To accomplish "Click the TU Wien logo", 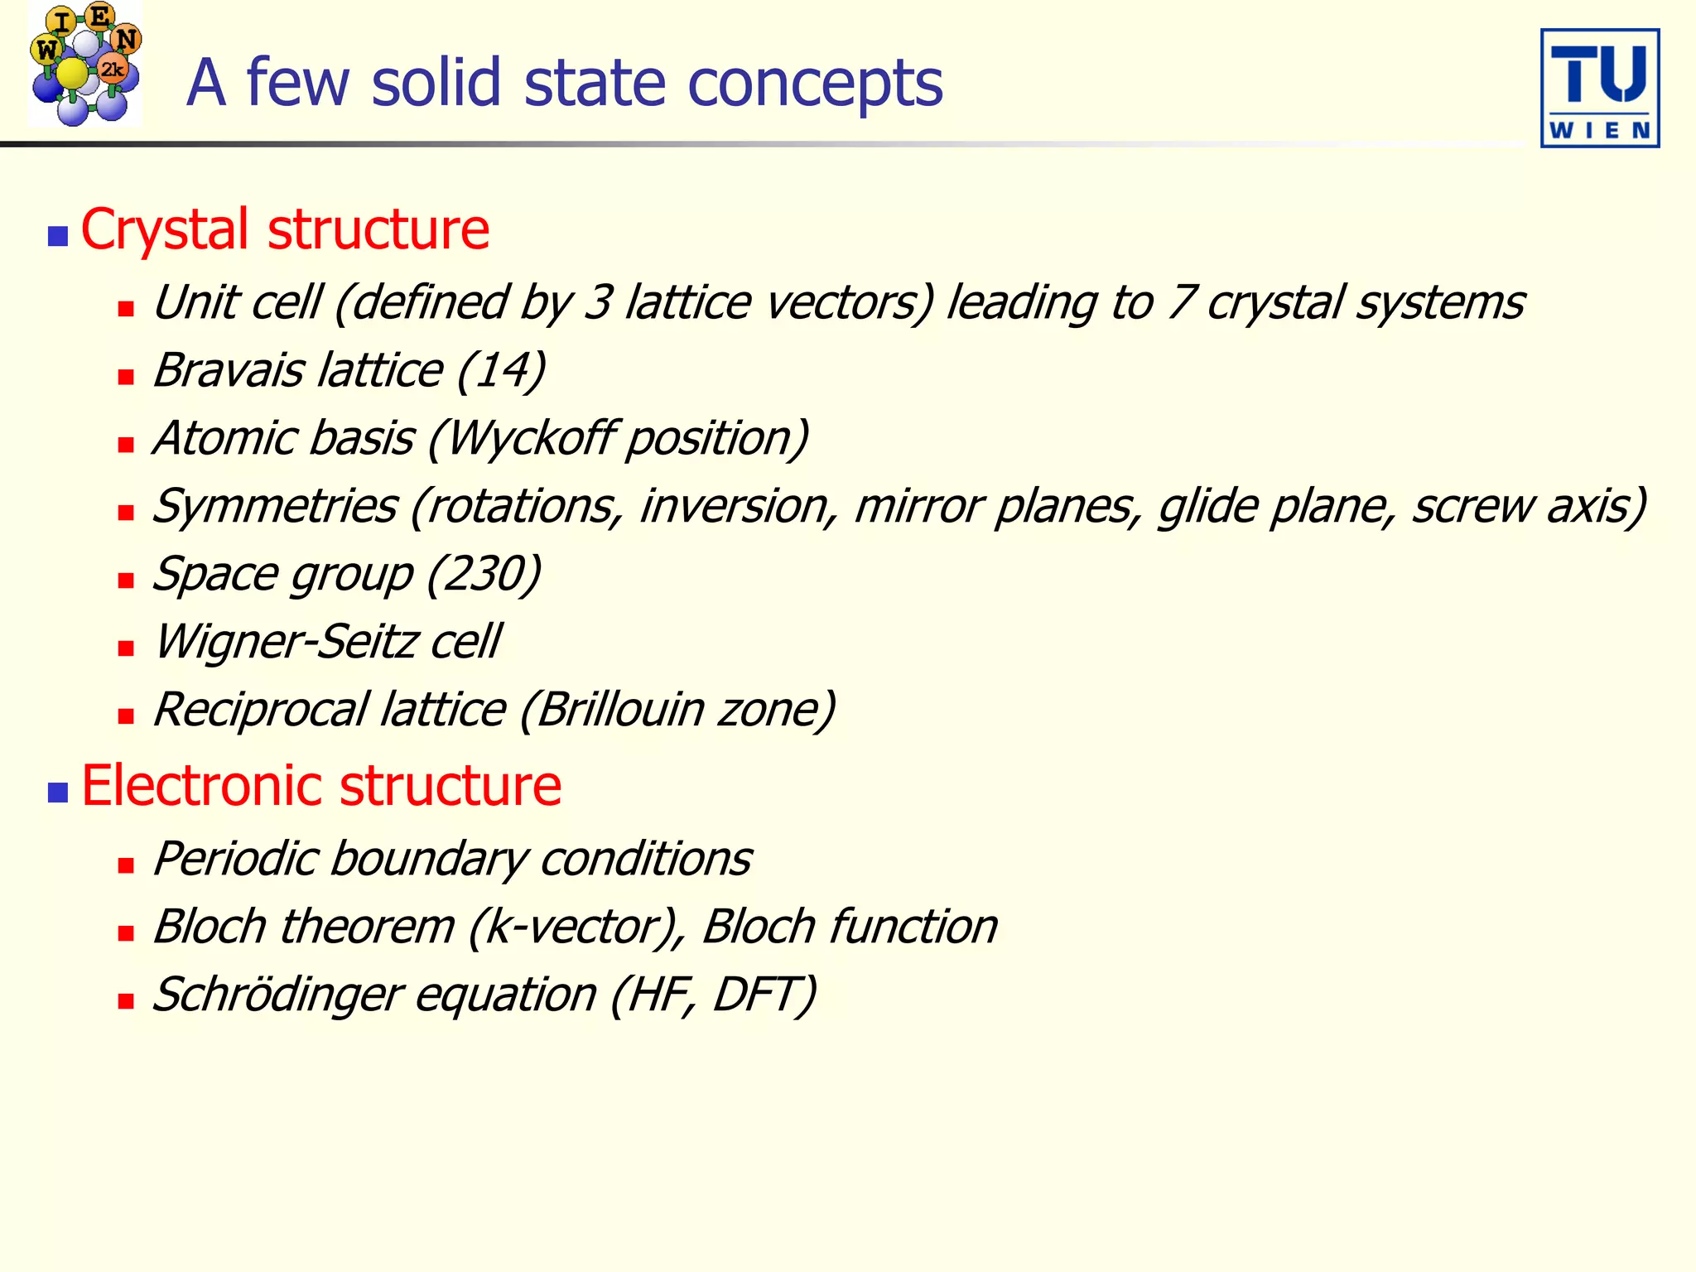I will coord(1599,89).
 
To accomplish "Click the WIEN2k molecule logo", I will coord(84,65).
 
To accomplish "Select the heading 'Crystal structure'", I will coord(285,229).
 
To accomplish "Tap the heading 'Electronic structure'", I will coord(321,786).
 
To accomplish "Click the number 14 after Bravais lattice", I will coord(500,370).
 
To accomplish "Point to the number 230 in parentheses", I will coord(484,574).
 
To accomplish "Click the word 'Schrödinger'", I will coord(277,995).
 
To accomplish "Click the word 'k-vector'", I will coord(571,927).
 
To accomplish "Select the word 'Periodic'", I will coord(235,860).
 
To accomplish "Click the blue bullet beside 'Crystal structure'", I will coord(57,237).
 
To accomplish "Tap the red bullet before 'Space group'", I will coord(126,581).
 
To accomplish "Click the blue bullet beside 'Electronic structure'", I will coord(57,793).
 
